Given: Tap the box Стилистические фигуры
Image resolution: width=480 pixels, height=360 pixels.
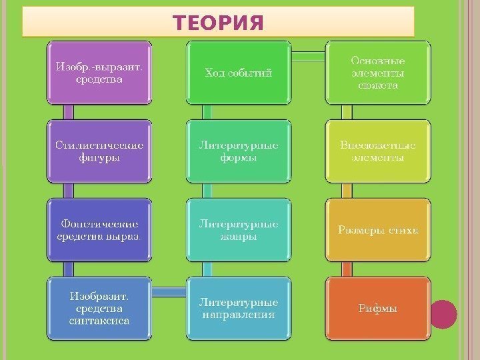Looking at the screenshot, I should pos(99,151).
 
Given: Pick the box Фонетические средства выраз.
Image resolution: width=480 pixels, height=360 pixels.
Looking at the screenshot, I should pos(99,230).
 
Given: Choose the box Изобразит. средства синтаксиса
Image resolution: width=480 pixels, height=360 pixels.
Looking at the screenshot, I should pos(99,308).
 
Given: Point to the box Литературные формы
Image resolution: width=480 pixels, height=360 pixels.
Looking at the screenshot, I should pos(238,151).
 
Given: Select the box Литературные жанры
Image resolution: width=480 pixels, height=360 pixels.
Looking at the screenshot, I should pos(238,230).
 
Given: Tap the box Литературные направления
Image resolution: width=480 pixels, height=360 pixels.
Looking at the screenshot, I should pos(238,308).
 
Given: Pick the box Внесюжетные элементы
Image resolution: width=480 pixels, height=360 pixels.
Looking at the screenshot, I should pos(377,151).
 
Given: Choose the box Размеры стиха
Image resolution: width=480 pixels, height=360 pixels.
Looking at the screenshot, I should pos(377,230).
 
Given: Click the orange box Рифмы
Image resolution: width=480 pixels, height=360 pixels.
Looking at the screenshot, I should pos(377,308).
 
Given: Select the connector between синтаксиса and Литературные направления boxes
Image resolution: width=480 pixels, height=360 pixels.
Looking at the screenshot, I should pos(169,290).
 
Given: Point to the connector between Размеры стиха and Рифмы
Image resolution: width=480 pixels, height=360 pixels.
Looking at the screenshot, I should pos(345,269).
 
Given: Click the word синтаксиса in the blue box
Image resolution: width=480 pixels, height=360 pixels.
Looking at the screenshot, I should pos(99,321).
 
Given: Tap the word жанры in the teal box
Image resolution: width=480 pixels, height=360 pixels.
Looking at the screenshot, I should pos(238,237).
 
